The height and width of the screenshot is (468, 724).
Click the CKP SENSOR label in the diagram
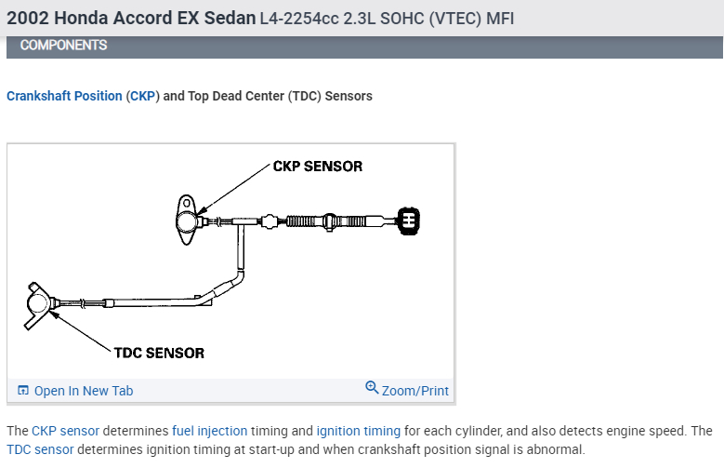(317, 167)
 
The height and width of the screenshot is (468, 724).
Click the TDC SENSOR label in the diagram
(159, 353)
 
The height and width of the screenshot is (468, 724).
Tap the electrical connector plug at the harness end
(408, 220)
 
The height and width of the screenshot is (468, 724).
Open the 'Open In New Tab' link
(83, 391)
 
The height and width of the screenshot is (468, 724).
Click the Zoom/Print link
(415, 391)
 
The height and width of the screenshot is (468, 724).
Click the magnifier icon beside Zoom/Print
(373, 388)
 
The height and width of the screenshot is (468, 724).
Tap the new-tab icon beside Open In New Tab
(23, 391)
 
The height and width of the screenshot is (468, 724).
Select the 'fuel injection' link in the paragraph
(209, 432)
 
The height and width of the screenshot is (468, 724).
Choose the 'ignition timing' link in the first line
(358, 432)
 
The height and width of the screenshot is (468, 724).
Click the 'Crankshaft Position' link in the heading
(64, 96)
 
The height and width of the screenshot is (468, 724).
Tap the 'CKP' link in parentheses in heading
(143, 96)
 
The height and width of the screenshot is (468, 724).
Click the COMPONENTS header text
(63, 45)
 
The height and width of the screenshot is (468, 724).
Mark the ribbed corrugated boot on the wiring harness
(306, 221)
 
